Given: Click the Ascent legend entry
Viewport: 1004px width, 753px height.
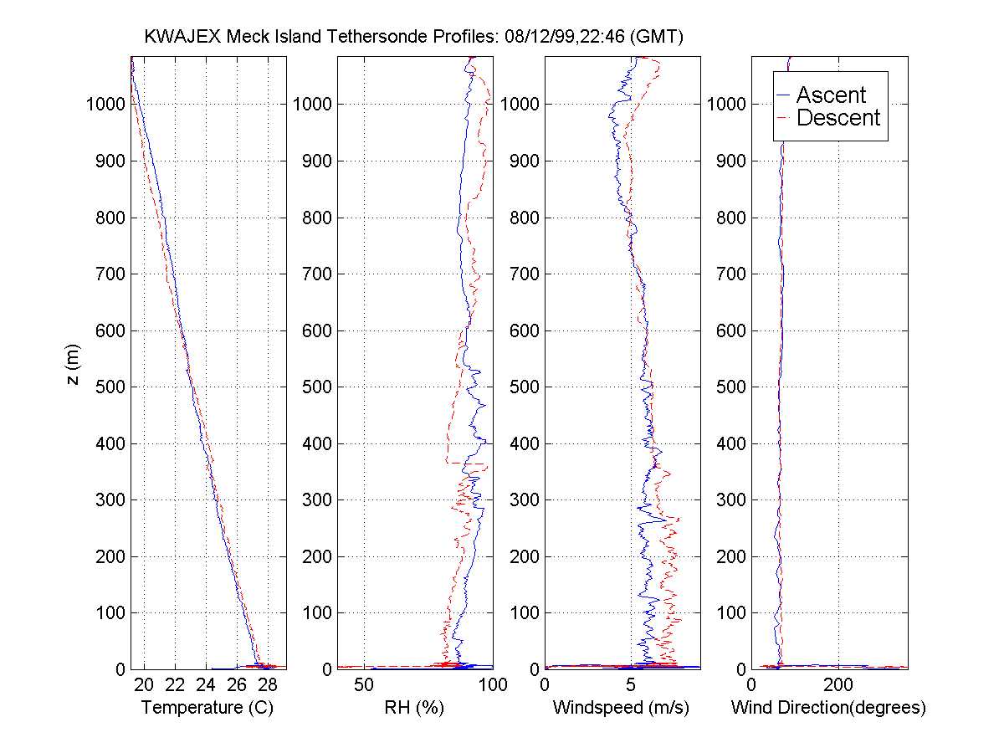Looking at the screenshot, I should pos(830,95).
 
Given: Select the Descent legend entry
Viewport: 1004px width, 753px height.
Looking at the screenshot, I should pos(838,118).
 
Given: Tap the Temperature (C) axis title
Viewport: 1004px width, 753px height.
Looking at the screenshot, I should pos(207,708).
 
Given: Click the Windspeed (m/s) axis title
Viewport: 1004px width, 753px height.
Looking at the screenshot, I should pos(621,708).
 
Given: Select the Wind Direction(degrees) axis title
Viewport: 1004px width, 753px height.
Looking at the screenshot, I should pos(828,708).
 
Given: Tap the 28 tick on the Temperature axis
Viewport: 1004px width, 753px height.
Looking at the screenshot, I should pos(268,686).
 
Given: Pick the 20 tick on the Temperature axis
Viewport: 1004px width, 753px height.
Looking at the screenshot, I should pos(144,686).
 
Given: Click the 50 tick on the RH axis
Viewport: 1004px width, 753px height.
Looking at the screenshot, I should pos(364,686).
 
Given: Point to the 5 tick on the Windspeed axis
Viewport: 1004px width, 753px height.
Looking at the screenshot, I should pos(632,686).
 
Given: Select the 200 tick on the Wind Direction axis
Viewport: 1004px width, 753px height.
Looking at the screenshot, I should pos(838,686).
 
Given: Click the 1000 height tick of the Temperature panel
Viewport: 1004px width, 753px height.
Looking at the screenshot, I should pos(105,105).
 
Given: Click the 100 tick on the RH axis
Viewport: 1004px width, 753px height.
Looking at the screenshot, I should pos(493,686).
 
